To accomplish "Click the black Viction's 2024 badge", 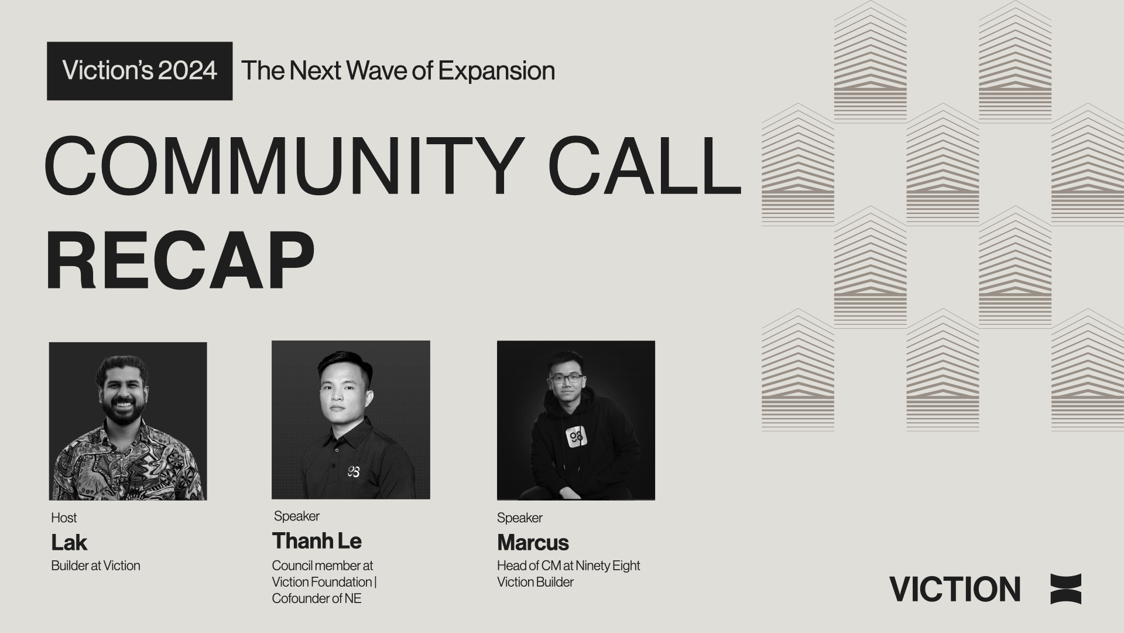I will pos(139,71).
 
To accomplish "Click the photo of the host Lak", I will pos(128,421).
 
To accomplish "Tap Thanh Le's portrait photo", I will pos(351,420).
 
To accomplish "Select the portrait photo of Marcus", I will pos(575,420).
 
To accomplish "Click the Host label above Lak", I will pos(64,518).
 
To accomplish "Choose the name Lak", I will pos(69,543).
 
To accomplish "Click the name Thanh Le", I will pos(317,541).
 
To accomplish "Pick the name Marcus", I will pos(533,543).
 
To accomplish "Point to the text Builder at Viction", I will pos(95,566).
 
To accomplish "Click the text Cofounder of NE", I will pos(317,598).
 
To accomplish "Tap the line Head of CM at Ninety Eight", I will pos(568,566).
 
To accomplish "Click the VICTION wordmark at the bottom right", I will pos(955,589).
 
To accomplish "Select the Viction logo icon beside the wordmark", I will pos(1065,589).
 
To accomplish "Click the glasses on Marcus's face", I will pos(566,378).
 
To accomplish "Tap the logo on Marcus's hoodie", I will pos(577,438).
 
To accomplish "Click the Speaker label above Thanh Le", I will pos(297,516).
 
